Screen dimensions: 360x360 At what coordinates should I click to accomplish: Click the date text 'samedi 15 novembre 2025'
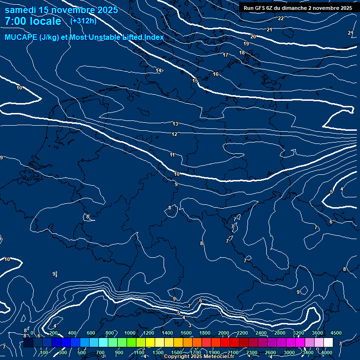(61, 10)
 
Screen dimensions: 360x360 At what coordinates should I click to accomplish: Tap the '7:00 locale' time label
(33, 21)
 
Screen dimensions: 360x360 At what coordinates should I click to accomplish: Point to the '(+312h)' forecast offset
(83, 21)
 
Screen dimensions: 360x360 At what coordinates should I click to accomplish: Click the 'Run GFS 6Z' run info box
(298, 8)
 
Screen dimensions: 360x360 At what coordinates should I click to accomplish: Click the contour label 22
(281, 18)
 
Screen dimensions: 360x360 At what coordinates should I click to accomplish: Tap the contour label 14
(159, 70)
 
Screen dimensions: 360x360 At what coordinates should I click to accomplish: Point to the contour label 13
(175, 124)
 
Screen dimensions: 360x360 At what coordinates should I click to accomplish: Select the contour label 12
(174, 134)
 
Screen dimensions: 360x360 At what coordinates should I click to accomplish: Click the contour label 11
(172, 155)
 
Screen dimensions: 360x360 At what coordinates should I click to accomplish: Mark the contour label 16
(216, 74)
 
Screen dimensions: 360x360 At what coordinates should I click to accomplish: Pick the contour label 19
(246, 44)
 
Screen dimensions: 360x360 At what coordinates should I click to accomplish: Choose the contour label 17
(225, 55)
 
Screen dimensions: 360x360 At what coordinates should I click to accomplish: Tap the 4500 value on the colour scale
(336, 333)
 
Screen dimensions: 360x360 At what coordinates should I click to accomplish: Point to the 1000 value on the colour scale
(129, 333)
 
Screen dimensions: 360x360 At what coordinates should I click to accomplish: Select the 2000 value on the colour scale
(224, 333)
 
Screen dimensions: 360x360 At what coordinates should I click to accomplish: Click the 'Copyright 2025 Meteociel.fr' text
(199, 357)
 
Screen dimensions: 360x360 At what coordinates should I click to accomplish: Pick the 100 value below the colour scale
(45, 352)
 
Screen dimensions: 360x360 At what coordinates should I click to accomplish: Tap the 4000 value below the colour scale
(327, 352)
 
